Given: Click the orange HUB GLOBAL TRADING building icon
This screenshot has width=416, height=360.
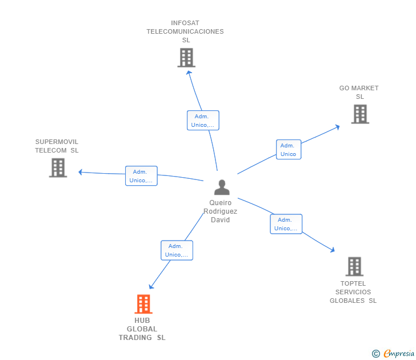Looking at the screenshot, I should pyautogui.click(x=143, y=304).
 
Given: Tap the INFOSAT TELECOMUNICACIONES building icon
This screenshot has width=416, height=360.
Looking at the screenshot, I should pyautogui.click(x=186, y=58).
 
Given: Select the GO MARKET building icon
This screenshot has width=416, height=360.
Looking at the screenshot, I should pyautogui.click(x=360, y=114).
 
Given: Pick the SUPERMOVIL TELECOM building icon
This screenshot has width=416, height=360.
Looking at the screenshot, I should pyautogui.click(x=58, y=167).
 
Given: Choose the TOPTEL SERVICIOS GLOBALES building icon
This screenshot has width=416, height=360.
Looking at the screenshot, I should pyautogui.click(x=354, y=266).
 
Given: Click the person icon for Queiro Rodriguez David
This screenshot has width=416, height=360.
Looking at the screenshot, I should pyautogui.click(x=221, y=187).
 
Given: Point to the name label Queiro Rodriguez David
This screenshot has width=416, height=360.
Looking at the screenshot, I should pyautogui.click(x=221, y=211).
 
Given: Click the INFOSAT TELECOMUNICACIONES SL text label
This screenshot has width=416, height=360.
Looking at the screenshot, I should pyautogui.click(x=185, y=32).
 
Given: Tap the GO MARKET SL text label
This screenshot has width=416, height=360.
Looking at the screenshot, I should pyautogui.click(x=359, y=93).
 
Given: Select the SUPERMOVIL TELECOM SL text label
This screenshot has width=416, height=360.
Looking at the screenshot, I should pyautogui.click(x=57, y=146).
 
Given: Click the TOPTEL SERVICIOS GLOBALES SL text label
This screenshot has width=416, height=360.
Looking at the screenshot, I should pyautogui.click(x=353, y=292).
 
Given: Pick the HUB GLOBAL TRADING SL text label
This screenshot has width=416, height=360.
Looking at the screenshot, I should pyautogui.click(x=142, y=329).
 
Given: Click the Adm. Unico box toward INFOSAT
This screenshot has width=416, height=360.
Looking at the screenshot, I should pyautogui.click(x=203, y=121).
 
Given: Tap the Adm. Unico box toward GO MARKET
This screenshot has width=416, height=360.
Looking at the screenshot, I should pyautogui.click(x=288, y=150).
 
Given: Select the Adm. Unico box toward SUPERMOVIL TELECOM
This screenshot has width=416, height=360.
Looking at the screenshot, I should pyautogui.click(x=141, y=176).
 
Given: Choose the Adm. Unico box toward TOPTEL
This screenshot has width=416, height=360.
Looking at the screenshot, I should pyautogui.click(x=286, y=224).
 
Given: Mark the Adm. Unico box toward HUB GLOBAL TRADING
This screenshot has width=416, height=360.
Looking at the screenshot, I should pyautogui.click(x=177, y=250).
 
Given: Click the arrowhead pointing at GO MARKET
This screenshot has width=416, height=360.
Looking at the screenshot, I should pyautogui.click(x=338, y=127).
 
